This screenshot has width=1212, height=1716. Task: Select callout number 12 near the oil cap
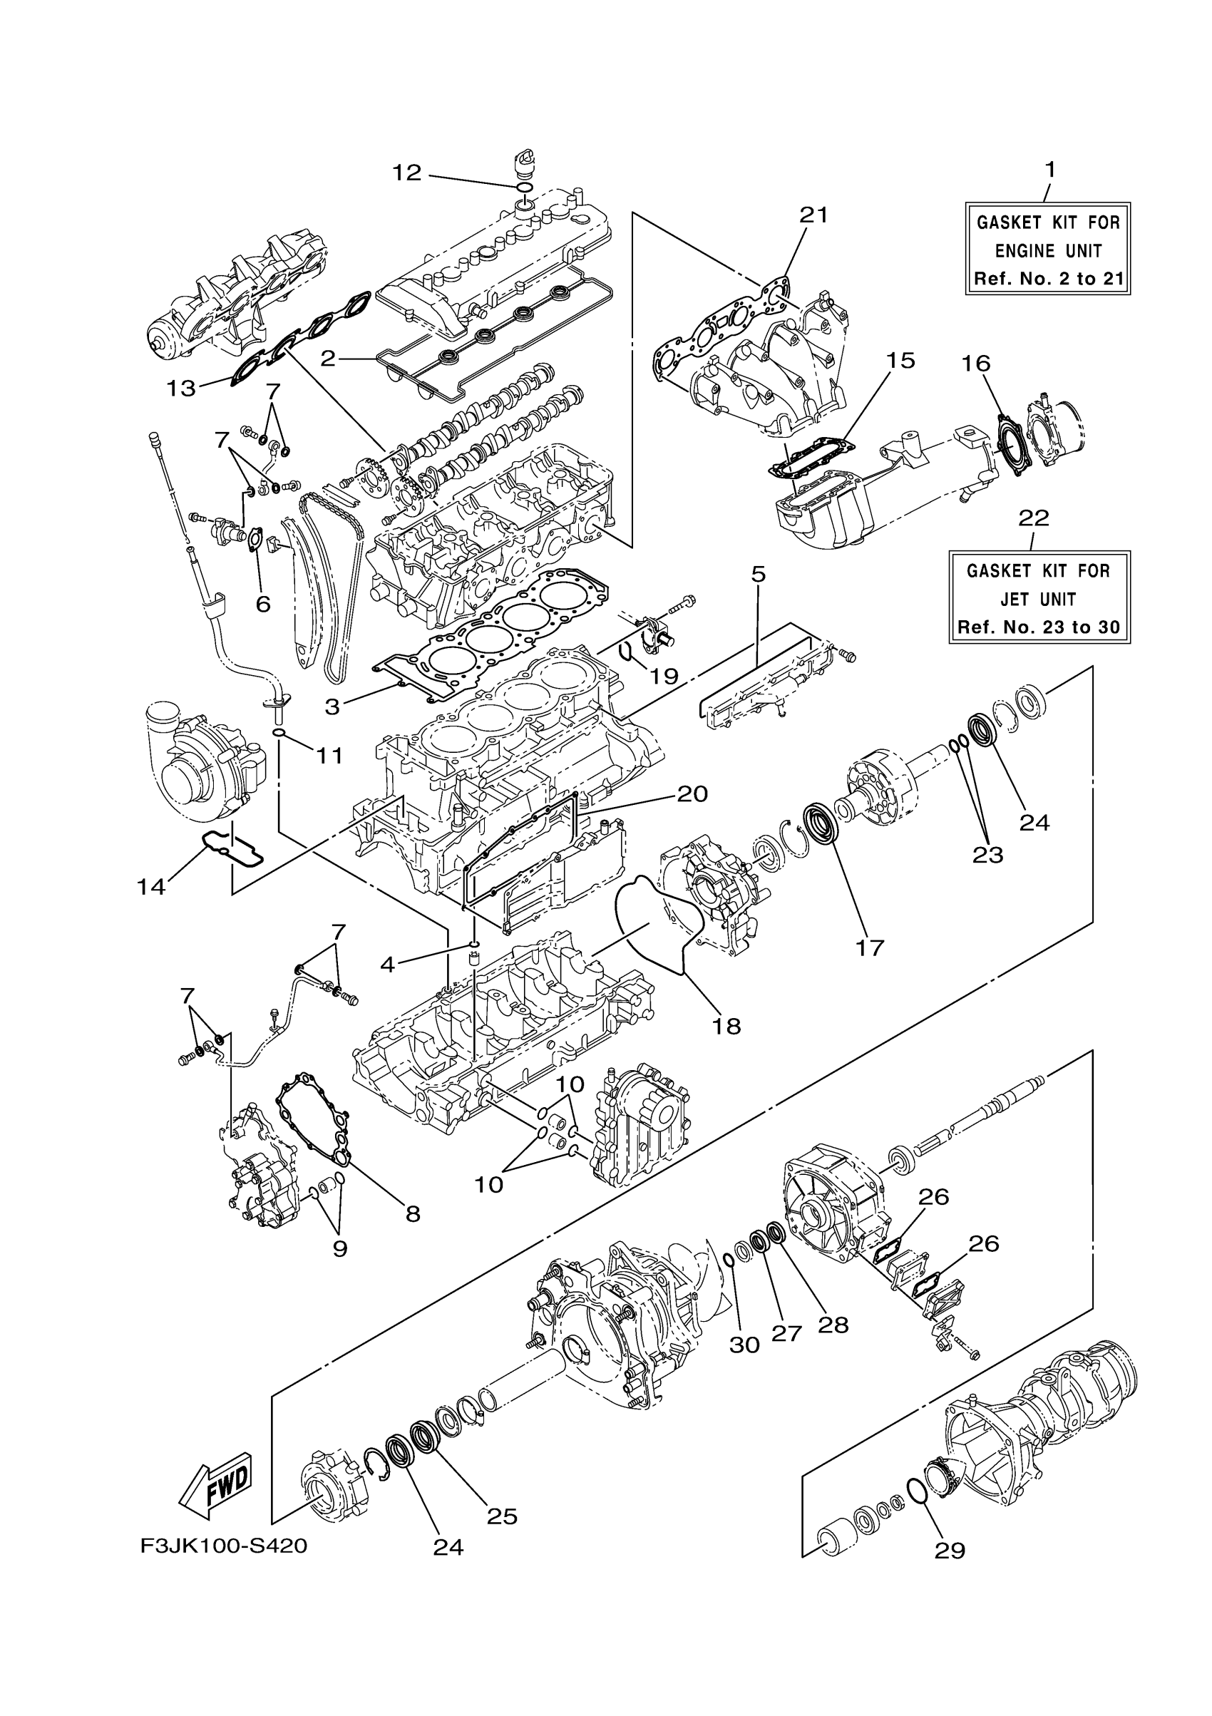pos(407,173)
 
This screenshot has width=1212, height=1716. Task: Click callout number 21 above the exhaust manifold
pos(813,215)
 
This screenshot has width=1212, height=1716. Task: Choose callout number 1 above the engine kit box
pos(1050,170)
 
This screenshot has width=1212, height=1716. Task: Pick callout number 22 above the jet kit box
pos(1034,518)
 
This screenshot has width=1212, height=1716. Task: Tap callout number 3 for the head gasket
pos(332,707)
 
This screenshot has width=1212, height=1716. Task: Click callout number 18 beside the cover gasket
pos(726,1026)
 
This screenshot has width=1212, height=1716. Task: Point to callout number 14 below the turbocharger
pos(151,886)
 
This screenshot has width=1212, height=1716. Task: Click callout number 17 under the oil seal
pos(871,947)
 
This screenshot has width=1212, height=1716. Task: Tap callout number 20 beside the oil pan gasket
pos(692,793)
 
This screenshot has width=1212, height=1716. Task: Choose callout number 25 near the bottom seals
pos(502,1516)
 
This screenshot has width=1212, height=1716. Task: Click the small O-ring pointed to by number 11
pos(279,732)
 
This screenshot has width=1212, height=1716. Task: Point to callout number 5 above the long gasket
pos(758,574)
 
